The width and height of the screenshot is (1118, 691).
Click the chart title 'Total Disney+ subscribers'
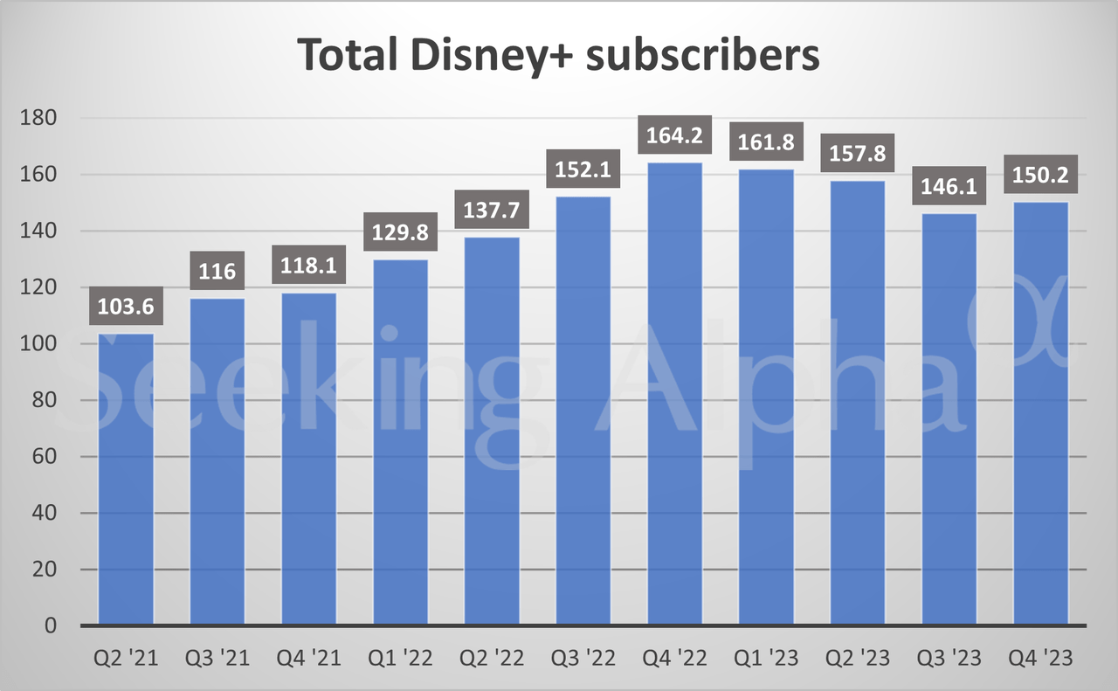tap(559, 54)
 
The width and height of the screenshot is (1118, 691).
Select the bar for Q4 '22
tap(674, 393)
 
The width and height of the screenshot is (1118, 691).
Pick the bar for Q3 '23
tap(949, 419)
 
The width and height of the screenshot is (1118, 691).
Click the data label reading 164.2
tap(674, 136)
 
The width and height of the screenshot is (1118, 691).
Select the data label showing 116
tap(217, 272)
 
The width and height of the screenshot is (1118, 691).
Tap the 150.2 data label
tap(1040, 174)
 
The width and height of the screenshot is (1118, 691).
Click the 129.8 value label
tap(400, 233)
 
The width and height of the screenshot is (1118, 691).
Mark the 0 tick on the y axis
tap(50, 626)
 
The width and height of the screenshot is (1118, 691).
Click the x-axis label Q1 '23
tap(766, 658)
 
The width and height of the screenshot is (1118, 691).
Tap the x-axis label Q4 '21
tap(308, 658)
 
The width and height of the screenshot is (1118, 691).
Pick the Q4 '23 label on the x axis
tap(1040, 658)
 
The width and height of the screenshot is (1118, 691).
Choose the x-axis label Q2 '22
tap(492, 658)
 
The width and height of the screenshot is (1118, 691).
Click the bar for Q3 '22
tap(583, 411)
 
